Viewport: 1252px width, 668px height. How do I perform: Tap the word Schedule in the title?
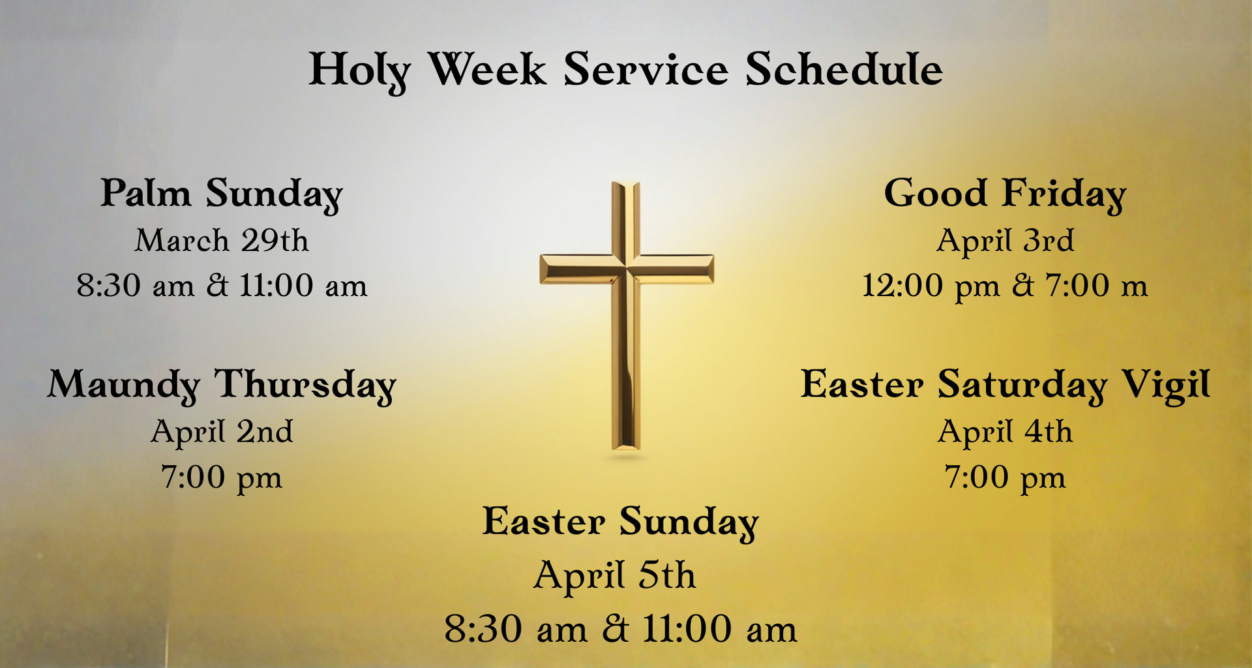coord(844,68)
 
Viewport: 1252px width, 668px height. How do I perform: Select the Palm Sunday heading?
coord(222,194)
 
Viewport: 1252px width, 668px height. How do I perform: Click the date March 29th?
coord(222,240)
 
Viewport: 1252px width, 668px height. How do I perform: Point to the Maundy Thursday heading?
coord(222,385)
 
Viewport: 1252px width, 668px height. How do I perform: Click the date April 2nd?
coord(222,432)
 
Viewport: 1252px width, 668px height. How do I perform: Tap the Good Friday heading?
coord(1005,194)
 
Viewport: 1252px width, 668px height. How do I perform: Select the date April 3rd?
coord(1005,241)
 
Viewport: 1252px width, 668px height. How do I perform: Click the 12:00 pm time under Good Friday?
coord(931,286)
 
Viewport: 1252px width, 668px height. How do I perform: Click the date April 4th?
coord(1005,432)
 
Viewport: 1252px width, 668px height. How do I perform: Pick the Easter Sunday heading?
coord(620,523)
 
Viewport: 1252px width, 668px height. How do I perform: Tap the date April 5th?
coord(614,576)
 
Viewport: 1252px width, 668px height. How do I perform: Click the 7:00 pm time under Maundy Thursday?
coord(222,478)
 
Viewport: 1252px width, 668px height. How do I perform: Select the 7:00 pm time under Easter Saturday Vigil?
coord(1005,478)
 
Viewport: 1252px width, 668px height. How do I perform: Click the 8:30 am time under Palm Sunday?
coord(136,286)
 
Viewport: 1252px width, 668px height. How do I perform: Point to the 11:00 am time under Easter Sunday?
coord(720,629)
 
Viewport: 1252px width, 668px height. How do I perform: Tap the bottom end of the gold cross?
coord(626,448)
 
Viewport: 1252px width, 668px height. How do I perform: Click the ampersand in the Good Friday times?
coord(1023,286)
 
